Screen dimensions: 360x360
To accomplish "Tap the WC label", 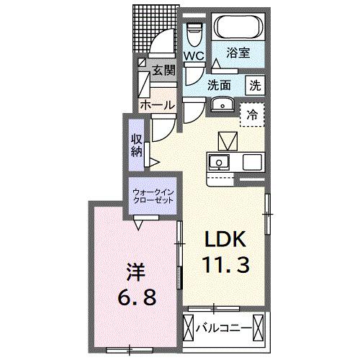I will pyautogui.click(x=193, y=55).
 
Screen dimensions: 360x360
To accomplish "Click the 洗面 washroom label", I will pyautogui.click(x=220, y=84).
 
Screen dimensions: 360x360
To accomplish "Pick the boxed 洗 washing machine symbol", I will pyautogui.click(x=256, y=84).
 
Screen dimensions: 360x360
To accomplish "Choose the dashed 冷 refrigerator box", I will pyautogui.click(x=253, y=114).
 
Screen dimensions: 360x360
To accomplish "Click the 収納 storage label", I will pyautogui.click(x=136, y=145).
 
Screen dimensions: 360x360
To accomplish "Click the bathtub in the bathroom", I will pyautogui.click(x=237, y=30).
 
